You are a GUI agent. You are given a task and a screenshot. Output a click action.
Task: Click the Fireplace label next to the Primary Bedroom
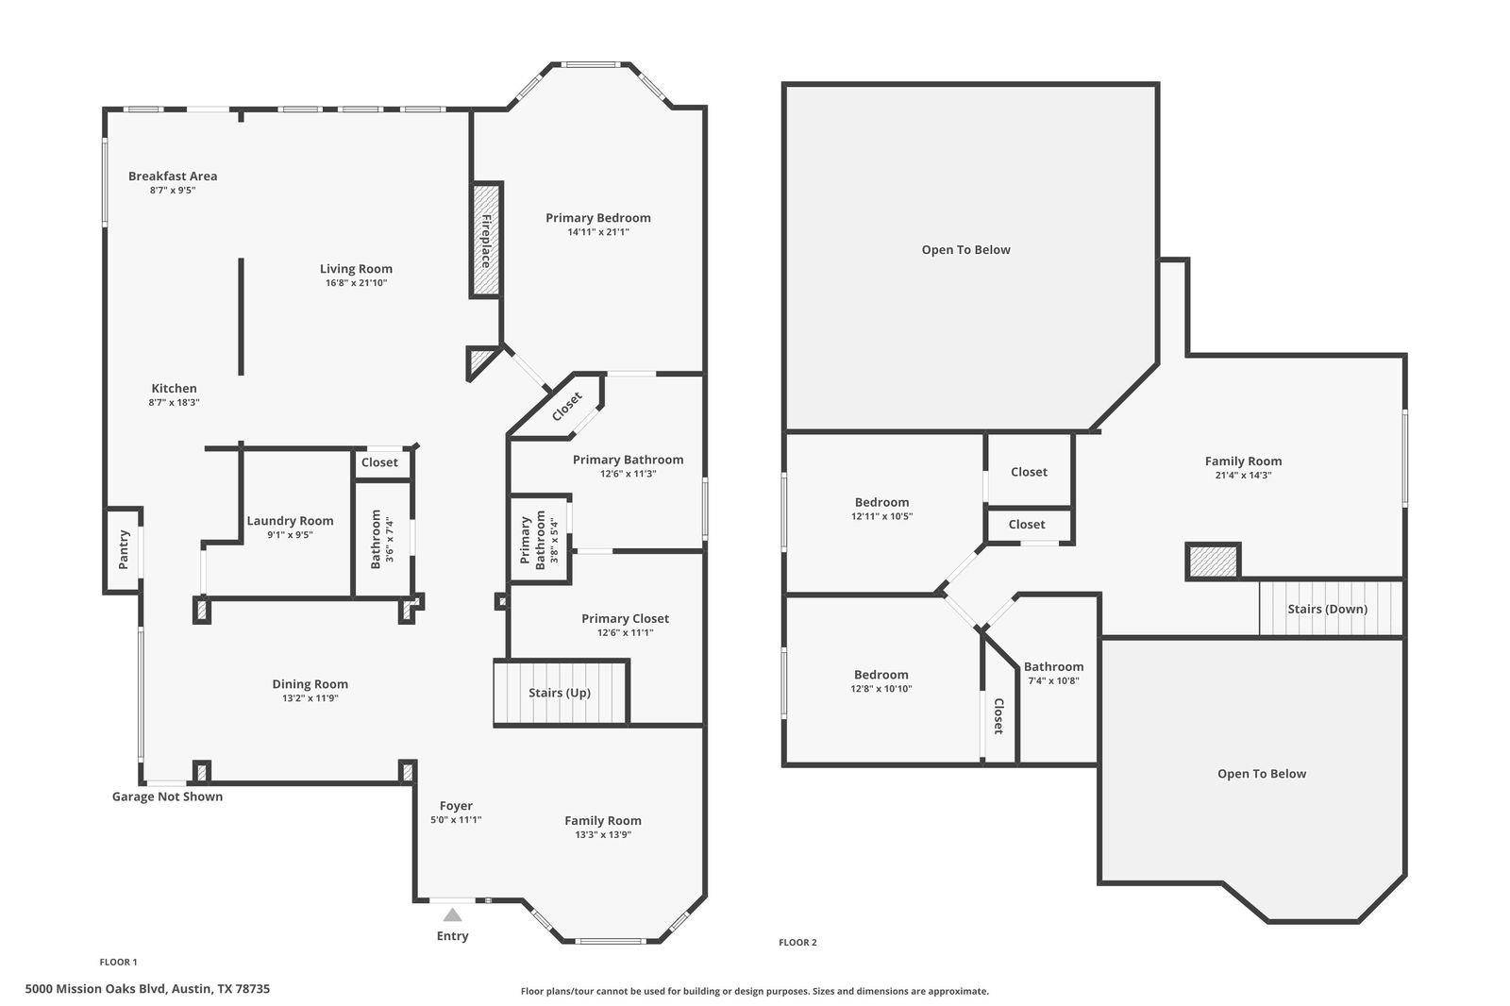coord(486,241)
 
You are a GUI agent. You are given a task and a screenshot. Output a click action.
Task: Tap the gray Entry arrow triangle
coord(452,915)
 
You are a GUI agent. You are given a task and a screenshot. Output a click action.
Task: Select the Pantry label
coord(124,550)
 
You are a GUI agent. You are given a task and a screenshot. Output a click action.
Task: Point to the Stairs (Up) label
coord(560,693)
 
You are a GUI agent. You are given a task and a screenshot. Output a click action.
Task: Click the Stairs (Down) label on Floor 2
coord(1327,609)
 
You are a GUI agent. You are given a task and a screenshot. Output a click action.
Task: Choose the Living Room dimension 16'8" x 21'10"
coord(357,283)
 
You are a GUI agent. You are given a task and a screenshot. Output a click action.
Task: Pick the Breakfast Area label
coord(173,176)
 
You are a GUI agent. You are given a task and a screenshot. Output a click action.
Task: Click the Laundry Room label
coord(290,521)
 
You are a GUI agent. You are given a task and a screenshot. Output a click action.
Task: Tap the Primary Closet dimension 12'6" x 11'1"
coord(626,632)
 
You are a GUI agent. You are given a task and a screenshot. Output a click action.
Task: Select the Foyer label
coord(457,806)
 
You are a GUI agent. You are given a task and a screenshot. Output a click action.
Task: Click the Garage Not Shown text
coord(167,796)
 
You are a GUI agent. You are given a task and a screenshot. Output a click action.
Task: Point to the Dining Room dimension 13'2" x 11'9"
coord(310,697)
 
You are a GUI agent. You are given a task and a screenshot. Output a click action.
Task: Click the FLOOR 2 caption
coord(797,943)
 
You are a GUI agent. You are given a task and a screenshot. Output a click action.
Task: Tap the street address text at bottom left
coord(147,988)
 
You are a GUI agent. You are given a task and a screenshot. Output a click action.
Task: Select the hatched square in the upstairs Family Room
coord(1213,561)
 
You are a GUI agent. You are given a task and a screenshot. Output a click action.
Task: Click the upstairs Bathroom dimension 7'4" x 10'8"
coord(1053,681)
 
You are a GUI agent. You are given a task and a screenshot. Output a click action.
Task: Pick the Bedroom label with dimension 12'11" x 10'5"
coord(881,502)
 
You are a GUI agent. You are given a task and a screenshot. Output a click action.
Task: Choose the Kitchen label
coord(174,389)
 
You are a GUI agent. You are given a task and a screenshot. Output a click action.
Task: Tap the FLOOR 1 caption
coord(118,963)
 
